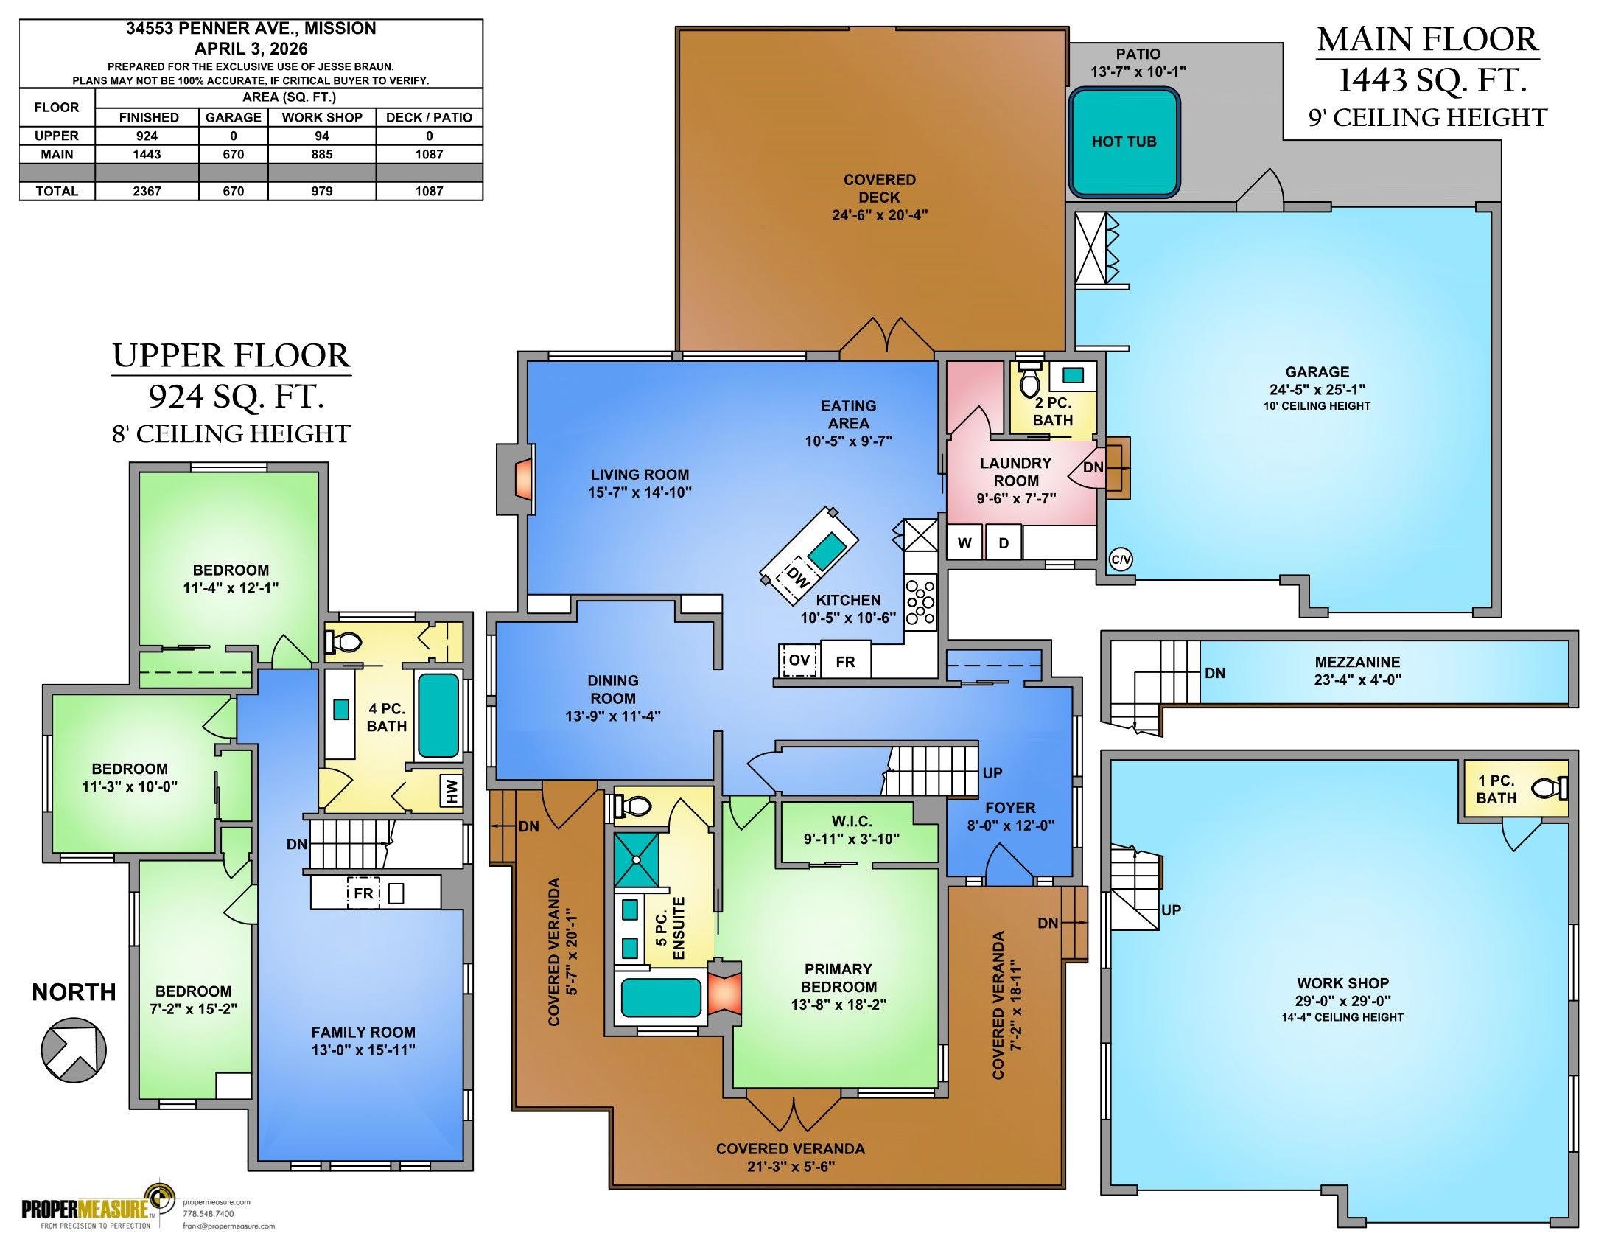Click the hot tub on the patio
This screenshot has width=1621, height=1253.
1124,142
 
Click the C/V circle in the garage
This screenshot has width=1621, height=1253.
1121,559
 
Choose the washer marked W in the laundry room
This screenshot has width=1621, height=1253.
965,543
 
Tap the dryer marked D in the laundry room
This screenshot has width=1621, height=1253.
1004,543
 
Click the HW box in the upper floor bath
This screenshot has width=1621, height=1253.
451,790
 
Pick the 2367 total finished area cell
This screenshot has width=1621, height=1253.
147,191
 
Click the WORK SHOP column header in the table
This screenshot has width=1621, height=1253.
322,117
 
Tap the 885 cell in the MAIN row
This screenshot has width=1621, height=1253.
322,154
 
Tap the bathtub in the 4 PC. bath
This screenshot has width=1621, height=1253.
438,713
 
